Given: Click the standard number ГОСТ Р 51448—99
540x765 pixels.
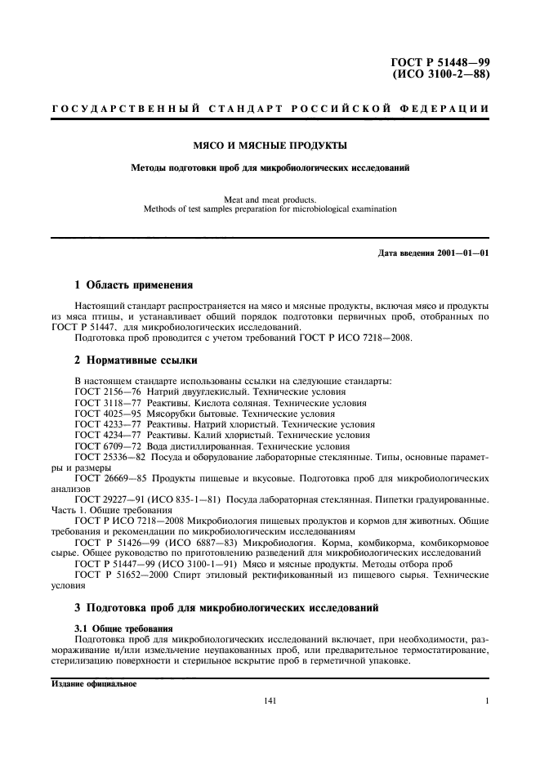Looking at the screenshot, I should pyautogui.click(x=441, y=62).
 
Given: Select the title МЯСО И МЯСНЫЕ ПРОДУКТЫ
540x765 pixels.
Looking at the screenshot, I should pyautogui.click(x=270, y=146).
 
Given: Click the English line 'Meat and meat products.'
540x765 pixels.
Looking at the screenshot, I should pyautogui.click(x=270, y=198).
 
